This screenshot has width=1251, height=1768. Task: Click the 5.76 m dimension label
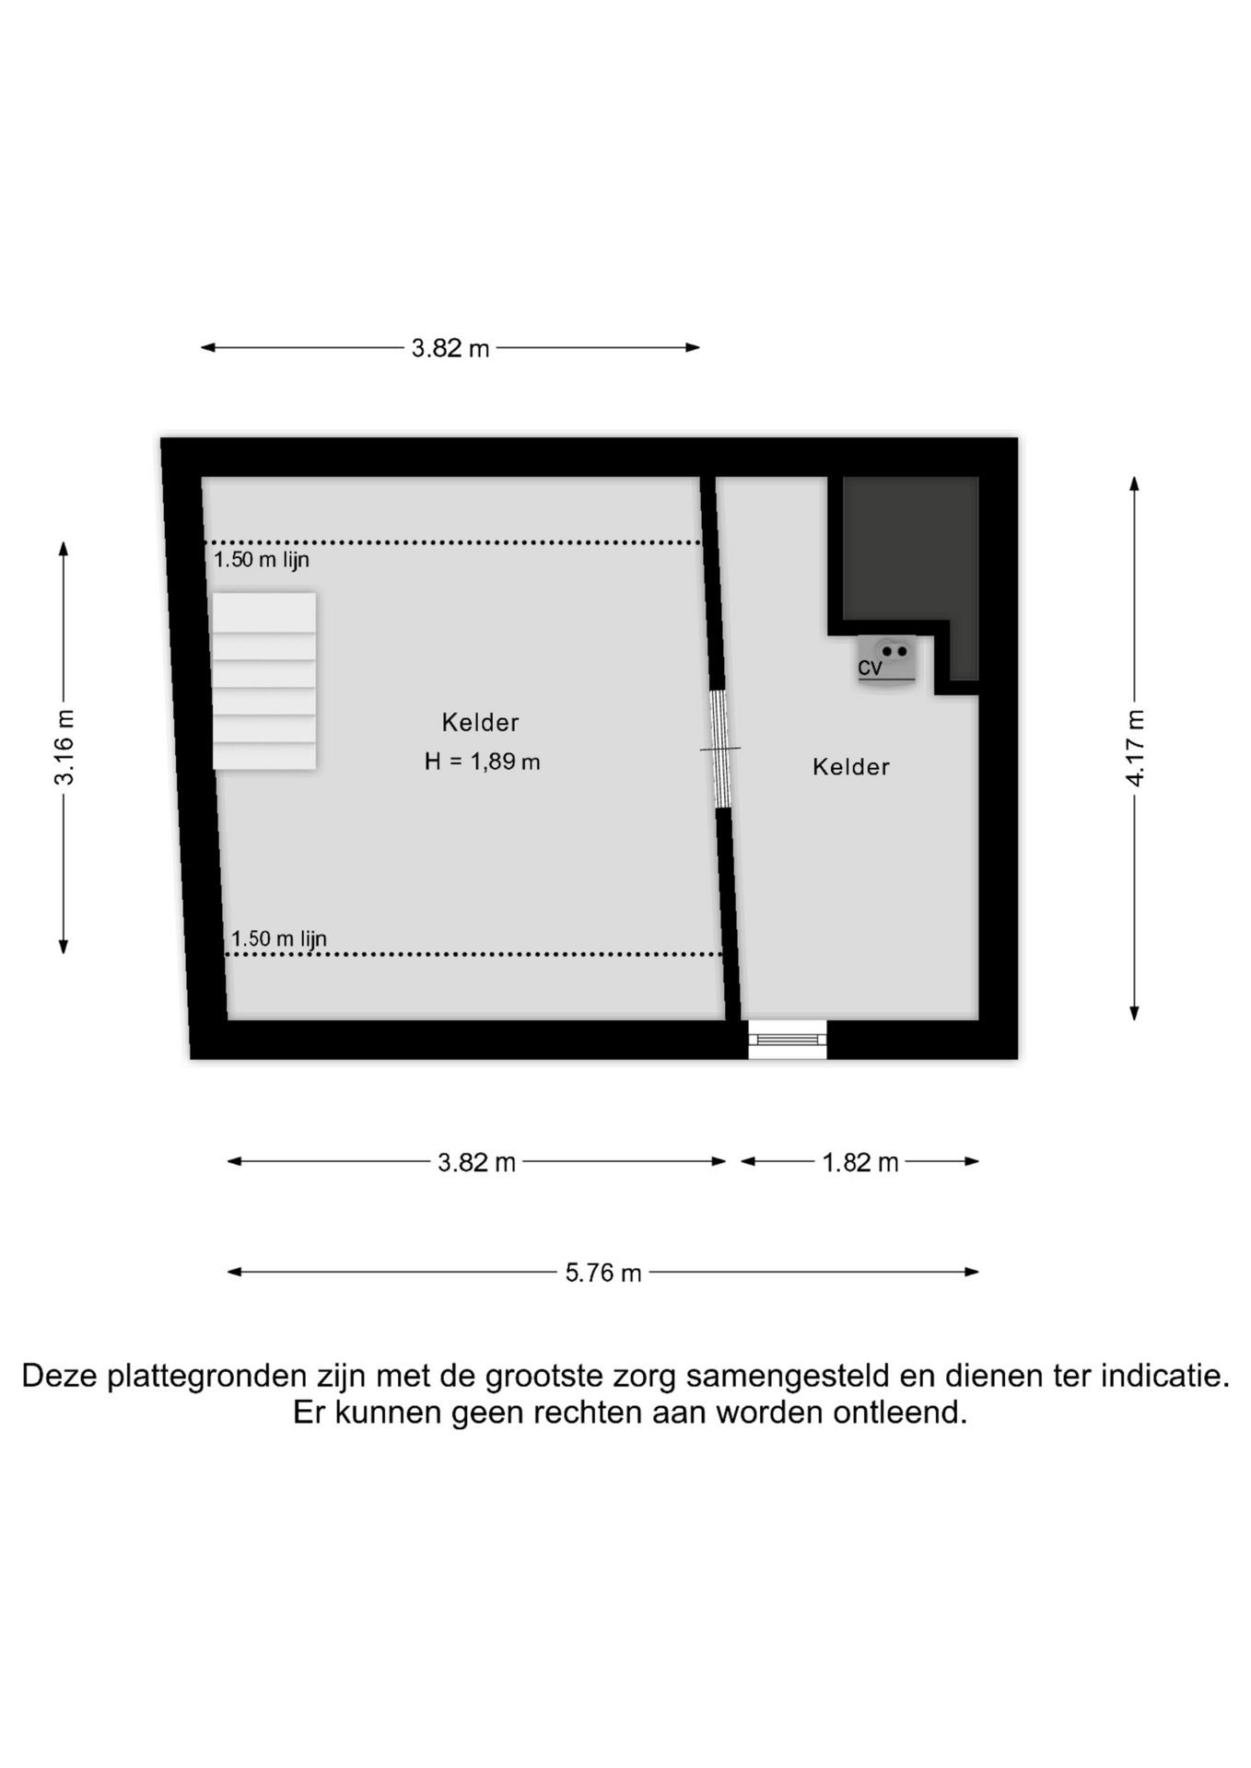[x=603, y=1273]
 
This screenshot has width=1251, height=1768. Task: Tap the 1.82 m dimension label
[x=859, y=1162]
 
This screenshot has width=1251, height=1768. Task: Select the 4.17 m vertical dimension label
[x=1135, y=748]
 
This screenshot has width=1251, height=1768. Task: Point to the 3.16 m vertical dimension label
[x=64, y=747]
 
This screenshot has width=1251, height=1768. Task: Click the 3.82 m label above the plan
[x=450, y=348]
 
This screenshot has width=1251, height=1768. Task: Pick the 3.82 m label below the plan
[x=476, y=1162]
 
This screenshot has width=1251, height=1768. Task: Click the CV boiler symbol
[x=886, y=660]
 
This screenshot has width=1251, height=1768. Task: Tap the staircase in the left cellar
[x=264, y=680]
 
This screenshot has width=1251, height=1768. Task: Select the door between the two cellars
[x=720, y=749]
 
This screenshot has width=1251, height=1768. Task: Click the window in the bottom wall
[x=787, y=1040]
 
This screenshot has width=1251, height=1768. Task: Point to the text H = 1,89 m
[x=482, y=762]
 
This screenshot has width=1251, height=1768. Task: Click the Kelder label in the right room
[x=850, y=767]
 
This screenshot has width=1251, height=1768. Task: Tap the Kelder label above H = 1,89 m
[x=480, y=723]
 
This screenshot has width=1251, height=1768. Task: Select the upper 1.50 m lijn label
[x=262, y=560]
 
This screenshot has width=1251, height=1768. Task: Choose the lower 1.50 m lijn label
[x=278, y=938]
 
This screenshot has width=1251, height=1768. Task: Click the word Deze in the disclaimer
[x=61, y=1376]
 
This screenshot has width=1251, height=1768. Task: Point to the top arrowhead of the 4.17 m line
[x=1135, y=483]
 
